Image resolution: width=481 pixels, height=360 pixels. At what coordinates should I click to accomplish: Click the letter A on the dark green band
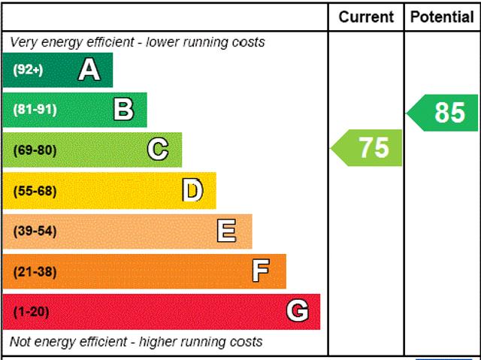tap(89, 70)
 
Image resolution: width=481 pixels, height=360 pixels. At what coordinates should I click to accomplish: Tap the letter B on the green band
tap(123, 110)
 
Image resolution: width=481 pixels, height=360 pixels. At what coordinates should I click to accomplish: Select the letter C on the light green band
tap(157, 150)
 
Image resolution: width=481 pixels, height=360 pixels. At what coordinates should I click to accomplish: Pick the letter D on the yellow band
tap(192, 190)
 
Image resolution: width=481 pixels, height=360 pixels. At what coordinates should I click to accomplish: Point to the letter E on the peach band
tap(226, 231)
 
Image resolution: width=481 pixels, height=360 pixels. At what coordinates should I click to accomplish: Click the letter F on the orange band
tap(261, 271)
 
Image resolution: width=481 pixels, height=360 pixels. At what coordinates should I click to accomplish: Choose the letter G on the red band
tap(298, 311)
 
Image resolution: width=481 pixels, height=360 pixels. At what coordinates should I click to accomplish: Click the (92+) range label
tap(29, 70)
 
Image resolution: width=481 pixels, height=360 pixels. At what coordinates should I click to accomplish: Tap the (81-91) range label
tap(35, 110)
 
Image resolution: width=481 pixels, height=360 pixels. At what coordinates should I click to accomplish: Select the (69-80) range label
tap(35, 150)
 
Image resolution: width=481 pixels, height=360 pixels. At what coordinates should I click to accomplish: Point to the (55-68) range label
tap(35, 191)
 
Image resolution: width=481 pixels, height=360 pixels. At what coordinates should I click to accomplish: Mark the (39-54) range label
tap(35, 231)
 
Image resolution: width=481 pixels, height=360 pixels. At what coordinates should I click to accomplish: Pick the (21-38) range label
tap(35, 271)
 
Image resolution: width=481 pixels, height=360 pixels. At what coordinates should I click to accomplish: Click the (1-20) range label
tap(31, 312)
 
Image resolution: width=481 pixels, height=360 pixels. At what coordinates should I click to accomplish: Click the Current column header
tap(366, 17)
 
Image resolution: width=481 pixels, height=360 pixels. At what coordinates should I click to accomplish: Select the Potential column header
tap(442, 17)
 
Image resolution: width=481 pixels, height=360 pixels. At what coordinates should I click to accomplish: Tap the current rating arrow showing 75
tap(368, 148)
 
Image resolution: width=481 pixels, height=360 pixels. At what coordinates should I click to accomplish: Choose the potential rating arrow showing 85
tap(443, 113)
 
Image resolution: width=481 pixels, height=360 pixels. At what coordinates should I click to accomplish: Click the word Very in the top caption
tap(25, 42)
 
